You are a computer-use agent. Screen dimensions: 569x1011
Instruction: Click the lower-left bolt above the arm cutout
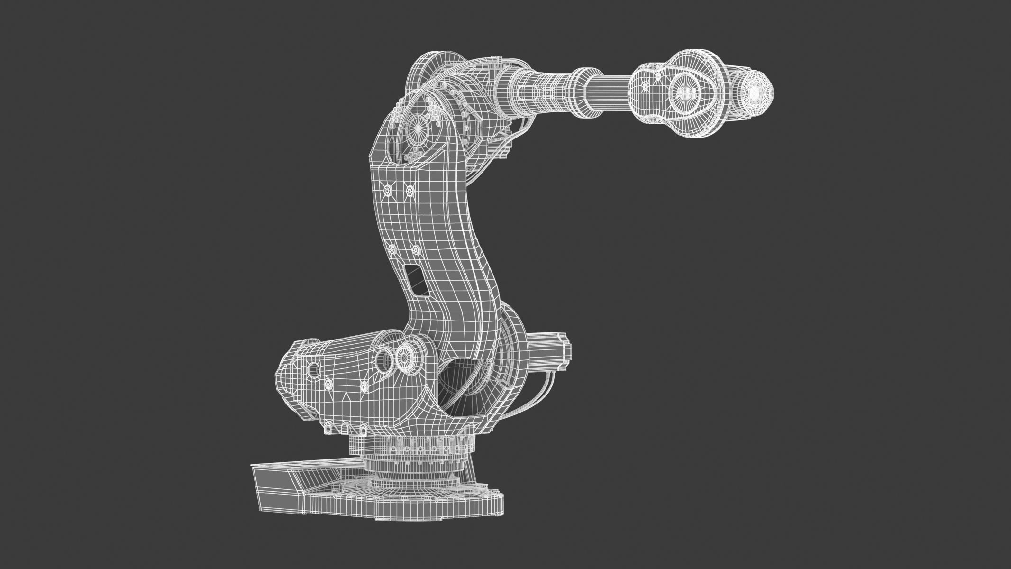click(x=392, y=249)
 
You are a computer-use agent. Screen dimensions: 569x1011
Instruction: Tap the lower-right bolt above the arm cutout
click(x=416, y=250)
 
